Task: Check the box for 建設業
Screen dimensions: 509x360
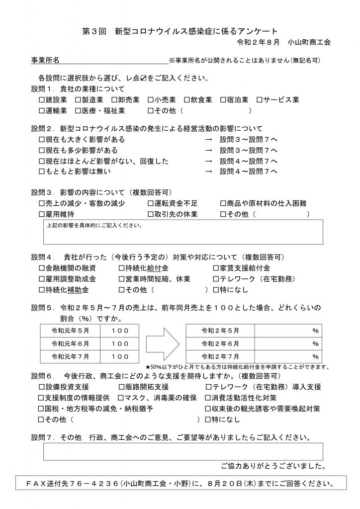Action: point(42,100)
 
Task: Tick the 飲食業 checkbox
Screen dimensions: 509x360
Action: point(186,100)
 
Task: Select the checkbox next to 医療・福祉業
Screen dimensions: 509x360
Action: point(78,111)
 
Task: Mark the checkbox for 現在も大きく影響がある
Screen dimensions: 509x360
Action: point(42,140)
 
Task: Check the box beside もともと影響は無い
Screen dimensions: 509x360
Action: point(42,172)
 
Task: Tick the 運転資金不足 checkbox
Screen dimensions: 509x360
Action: point(151,203)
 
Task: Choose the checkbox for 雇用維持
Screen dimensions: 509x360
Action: point(42,214)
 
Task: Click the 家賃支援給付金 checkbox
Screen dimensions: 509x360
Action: point(216,268)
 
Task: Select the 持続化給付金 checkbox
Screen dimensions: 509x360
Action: point(122,268)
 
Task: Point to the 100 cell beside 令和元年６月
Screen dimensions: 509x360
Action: point(120,343)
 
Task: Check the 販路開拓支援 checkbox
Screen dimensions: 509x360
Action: point(122,387)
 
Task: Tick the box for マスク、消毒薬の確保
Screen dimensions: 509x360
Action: point(121,398)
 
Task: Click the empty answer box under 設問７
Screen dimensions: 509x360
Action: point(183,451)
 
